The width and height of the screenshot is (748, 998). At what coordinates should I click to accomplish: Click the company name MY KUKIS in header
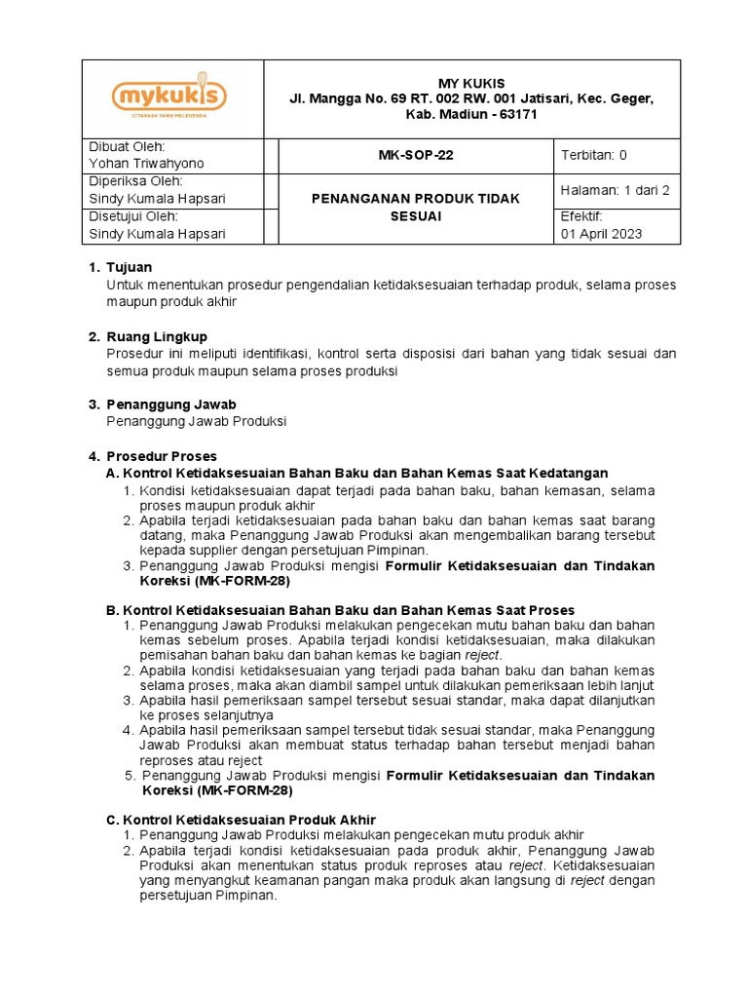tap(472, 82)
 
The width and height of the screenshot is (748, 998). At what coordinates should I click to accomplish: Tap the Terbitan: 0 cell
tap(594, 156)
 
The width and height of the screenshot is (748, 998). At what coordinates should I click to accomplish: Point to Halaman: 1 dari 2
tap(616, 191)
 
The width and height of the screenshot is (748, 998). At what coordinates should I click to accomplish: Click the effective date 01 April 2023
tap(602, 234)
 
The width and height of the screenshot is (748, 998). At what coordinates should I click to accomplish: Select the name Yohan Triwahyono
tap(147, 164)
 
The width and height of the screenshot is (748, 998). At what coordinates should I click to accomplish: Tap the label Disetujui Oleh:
tap(133, 216)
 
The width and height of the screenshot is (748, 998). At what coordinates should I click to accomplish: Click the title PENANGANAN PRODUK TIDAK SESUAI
tap(415, 207)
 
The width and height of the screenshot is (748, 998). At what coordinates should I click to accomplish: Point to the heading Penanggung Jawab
tap(170, 403)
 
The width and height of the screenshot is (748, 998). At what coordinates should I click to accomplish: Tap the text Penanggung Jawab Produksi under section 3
tap(197, 421)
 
